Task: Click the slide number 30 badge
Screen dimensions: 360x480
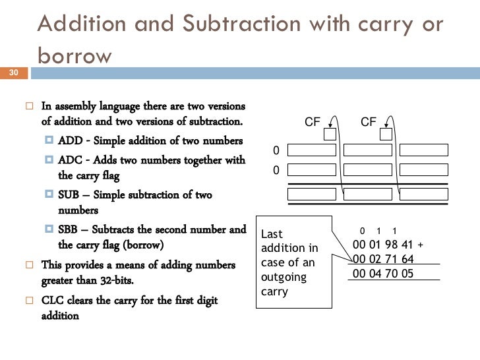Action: pyautogui.click(x=14, y=73)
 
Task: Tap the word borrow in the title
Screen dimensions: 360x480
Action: pyautogui.click(x=75, y=56)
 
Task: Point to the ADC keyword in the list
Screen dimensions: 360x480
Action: pyautogui.click(x=71, y=160)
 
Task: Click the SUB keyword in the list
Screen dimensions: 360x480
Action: pyautogui.click(x=70, y=195)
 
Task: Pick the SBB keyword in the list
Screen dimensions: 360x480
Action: pyautogui.click(x=70, y=230)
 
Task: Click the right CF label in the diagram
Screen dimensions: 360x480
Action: pyautogui.click(x=369, y=122)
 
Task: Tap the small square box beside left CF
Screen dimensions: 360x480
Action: pyautogui.click(x=330, y=134)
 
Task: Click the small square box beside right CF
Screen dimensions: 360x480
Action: pyautogui.click(x=386, y=134)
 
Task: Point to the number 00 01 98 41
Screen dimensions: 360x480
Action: pyautogui.click(x=382, y=245)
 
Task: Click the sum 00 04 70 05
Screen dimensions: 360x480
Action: pyautogui.click(x=383, y=273)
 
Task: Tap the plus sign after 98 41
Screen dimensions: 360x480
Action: pyautogui.click(x=420, y=245)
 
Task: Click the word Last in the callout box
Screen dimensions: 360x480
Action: pyautogui.click(x=272, y=233)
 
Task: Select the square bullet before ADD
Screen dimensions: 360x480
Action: pyautogui.click(x=50, y=140)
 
